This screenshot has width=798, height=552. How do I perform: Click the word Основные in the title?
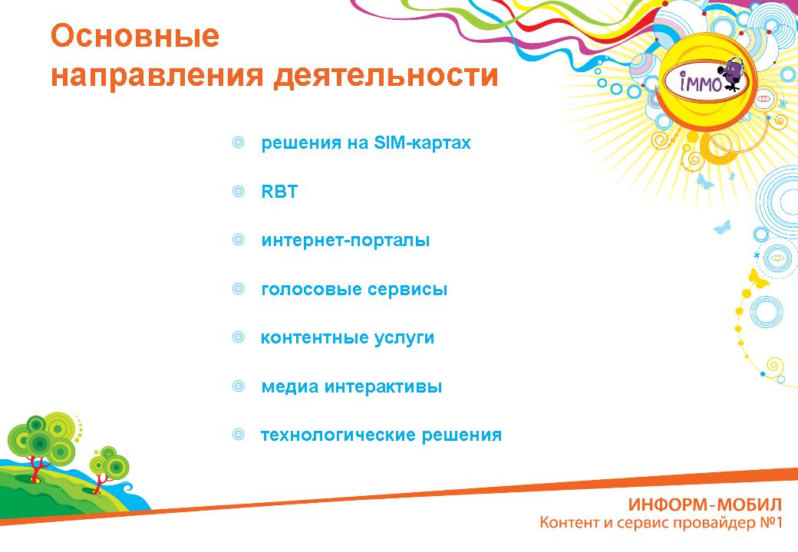pyautogui.click(x=135, y=36)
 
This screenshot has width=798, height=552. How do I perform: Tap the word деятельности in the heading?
pyautogui.click(x=386, y=76)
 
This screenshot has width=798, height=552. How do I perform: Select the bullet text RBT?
pyautogui.click(x=279, y=192)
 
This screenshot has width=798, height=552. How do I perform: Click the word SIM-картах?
pyautogui.click(x=422, y=143)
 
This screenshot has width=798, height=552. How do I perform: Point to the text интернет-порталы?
pyautogui.click(x=345, y=240)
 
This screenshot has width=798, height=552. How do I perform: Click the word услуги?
pyautogui.click(x=404, y=338)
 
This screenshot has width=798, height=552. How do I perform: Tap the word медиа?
pyautogui.click(x=289, y=386)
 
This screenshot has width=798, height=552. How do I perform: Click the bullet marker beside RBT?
pyautogui.click(x=238, y=191)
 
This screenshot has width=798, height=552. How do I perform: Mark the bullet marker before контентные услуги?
pyautogui.click(x=238, y=337)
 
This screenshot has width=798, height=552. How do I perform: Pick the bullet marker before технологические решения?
pyautogui.click(x=238, y=434)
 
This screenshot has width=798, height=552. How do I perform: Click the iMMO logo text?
pyautogui.click(x=701, y=82)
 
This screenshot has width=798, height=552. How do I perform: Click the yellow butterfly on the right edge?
pyautogui.click(x=758, y=279)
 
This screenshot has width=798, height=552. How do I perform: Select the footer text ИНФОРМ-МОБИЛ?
pyautogui.click(x=705, y=504)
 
